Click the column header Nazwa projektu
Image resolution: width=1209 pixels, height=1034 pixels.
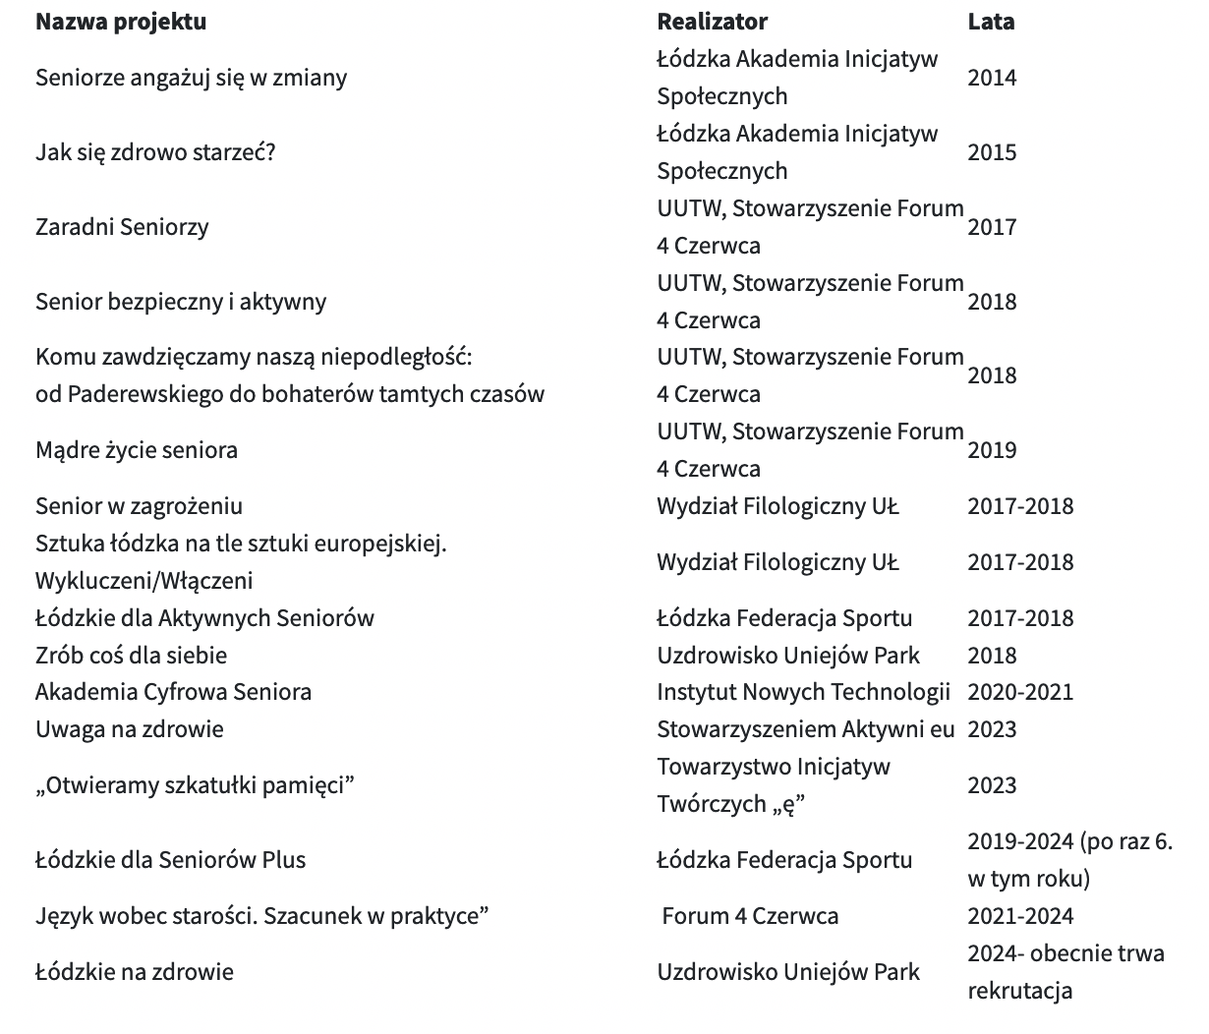tap(121, 22)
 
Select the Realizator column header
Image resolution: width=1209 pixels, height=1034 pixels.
tap(712, 22)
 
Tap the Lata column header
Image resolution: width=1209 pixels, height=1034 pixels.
tap(990, 22)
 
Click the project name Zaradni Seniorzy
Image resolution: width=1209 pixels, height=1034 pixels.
tap(122, 227)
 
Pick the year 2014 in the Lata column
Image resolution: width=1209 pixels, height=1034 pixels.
tap(991, 78)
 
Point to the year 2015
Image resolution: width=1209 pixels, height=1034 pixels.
tap(991, 152)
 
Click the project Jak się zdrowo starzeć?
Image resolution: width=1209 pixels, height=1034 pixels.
tap(155, 152)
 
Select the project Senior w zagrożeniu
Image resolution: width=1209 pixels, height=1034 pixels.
tap(139, 506)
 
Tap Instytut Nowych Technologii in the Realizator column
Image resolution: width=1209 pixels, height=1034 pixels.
tap(803, 692)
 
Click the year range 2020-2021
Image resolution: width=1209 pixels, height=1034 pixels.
tap(1019, 692)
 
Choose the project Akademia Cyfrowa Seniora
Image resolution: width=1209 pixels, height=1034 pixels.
tap(173, 692)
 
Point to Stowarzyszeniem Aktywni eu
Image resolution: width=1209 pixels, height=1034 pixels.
tap(805, 729)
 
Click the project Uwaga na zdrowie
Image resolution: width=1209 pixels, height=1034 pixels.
tap(130, 729)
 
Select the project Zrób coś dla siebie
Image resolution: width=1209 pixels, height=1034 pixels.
tap(131, 656)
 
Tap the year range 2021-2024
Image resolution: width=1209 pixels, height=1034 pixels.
tap(1019, 917)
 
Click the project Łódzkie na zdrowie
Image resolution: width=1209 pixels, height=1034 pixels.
tap(135, 973)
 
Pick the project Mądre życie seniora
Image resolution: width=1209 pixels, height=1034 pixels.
tap(137, 450)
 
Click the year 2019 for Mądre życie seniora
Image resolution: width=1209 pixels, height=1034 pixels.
tap(991, 450)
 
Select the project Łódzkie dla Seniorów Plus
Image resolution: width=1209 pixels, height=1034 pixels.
tap(170, 860)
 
